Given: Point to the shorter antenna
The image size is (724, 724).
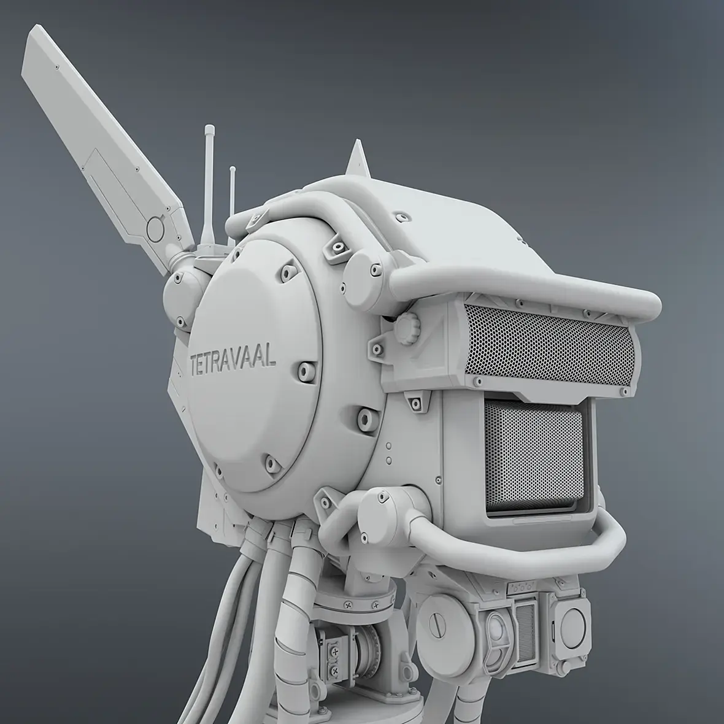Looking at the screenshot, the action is point(233,205).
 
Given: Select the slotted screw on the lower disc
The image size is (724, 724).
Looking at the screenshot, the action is point(436,626).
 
